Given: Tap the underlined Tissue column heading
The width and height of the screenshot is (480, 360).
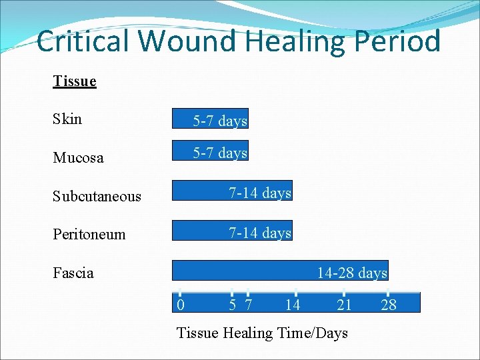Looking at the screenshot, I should point(75,81).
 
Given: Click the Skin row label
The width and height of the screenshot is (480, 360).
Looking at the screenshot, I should point(67,119).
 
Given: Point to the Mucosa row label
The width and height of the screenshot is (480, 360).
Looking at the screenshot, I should point(78,158).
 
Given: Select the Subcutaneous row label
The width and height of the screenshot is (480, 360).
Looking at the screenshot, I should point(97,196).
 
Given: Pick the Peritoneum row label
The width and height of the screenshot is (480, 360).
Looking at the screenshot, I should point(89,234).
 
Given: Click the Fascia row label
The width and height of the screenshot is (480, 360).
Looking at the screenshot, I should point(73,273).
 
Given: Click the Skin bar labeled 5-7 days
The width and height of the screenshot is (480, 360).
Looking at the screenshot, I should point(210,119).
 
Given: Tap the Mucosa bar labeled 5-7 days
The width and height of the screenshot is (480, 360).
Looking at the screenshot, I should point(210,151).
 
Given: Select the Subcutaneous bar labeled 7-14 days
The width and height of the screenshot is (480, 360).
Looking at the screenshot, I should point(232,191).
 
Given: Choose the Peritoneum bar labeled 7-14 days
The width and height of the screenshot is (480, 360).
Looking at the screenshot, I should point(232,231).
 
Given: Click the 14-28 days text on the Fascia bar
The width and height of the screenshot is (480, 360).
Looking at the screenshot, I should point(351,273).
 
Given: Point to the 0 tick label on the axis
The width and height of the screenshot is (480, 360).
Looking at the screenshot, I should point(180,305).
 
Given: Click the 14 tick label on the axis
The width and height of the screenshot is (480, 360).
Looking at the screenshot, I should point(292,305).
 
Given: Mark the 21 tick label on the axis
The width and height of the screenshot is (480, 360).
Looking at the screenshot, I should point(344,305).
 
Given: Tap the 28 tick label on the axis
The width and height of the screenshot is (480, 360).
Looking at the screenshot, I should point(388,305).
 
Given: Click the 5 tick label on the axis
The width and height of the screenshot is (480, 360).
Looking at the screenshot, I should point(232,305).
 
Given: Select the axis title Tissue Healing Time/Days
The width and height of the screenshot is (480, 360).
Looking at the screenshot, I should point(262,333).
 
